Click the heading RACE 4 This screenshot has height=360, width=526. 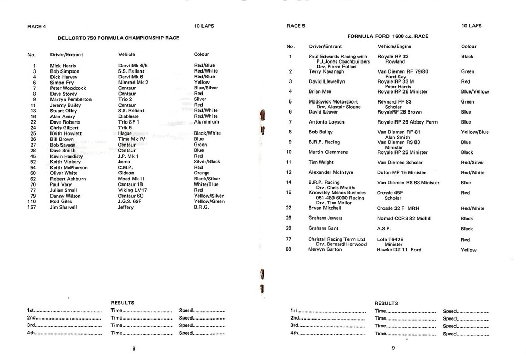[x=36, y=26]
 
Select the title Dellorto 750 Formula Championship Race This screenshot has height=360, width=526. [x=118, y=38]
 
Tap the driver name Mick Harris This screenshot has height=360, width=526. [x=63, y=66]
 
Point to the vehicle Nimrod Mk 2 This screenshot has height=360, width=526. [x=133, y=83]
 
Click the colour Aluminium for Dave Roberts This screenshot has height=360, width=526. [x=207, y=122]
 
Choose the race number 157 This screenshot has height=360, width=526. [x=33, y=207]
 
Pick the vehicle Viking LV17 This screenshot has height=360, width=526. [x=132, y=190]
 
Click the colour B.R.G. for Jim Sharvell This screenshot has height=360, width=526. [x=201, y=207]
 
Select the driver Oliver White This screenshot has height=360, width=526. [x=64, y=173]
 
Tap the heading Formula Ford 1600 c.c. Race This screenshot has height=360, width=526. [x=388, y=36]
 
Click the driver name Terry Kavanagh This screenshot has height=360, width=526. [x=326, y=71]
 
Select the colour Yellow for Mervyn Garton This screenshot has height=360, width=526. [x=469, y=250]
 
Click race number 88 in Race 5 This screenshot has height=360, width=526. [x=289, y=249]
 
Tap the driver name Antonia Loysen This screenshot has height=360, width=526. [x=327, y=122]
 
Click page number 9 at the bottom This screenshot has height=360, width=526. [x=393, y=348]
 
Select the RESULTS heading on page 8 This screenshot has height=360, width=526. [x=123, y=303]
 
